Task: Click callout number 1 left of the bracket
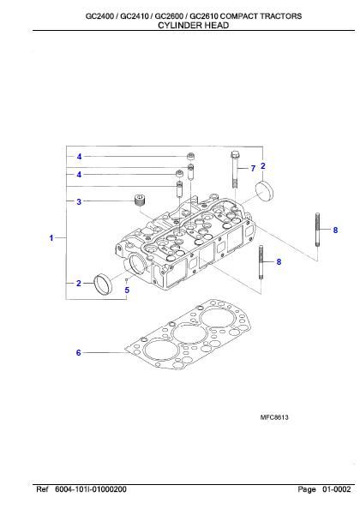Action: tap(52, 237)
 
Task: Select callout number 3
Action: tap(79, 202)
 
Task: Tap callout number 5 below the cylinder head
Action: tap(127, 290)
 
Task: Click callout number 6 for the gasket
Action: tap(79, 352)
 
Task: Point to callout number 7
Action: tap(254, 168)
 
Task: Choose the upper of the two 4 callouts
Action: tap(79, 157)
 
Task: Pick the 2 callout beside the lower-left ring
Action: tap(79, 282)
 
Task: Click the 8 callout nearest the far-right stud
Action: tap(335, 231)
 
